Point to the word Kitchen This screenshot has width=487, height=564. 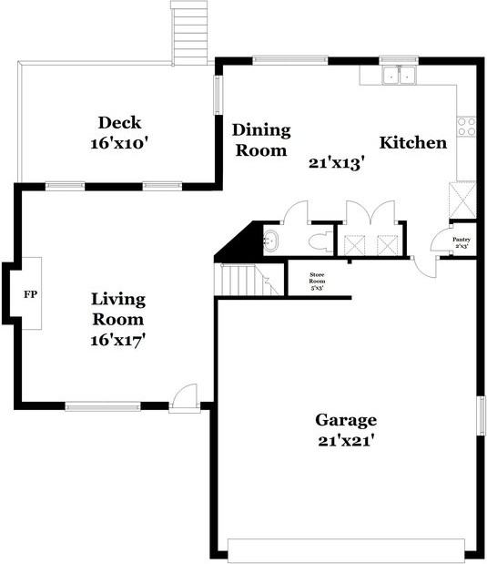(x=412, y=143)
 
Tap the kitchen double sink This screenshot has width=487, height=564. (x=397, y=76)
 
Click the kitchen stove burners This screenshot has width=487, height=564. (x=466, y=127)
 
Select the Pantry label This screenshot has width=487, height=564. (x=462, y=240)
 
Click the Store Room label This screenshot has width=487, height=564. (x=317, y=276)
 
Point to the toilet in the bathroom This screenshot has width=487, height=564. (x=318, y=242)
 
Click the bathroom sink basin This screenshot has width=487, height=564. (x=271, y=242)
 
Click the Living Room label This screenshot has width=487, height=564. (x=118, y=310)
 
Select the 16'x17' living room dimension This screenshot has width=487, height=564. (x=118, y=340)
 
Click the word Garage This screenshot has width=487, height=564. (x=346, y=420)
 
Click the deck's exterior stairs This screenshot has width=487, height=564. (x=189, y=33)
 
